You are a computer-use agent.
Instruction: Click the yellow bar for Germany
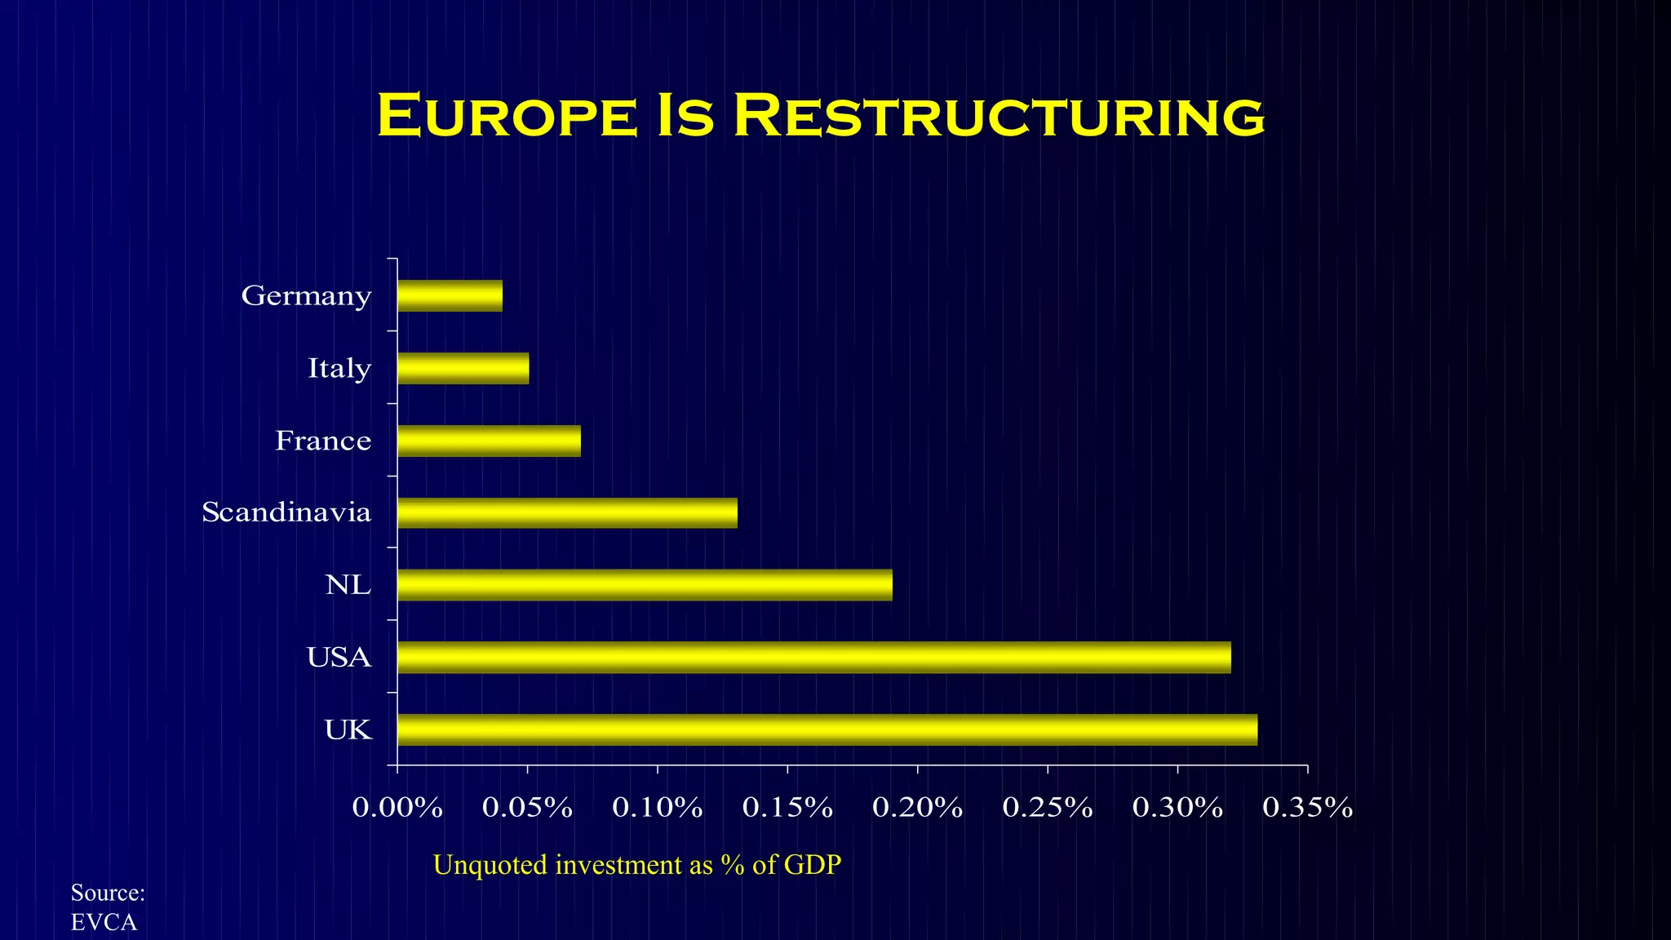450,296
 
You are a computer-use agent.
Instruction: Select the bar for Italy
463,369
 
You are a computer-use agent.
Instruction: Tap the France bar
489,441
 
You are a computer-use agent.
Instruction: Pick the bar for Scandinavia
567,513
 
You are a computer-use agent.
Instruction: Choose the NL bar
645,585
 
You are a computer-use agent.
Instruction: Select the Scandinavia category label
286,512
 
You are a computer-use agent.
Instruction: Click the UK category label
348,729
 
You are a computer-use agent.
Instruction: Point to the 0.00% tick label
397,808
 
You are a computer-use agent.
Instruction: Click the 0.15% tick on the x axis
787,808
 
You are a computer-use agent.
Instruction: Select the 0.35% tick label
1307,808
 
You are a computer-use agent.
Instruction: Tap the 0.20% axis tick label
917,808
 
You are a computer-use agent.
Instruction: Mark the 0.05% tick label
527,808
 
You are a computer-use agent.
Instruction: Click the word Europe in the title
506,116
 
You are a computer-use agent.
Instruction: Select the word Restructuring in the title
999,116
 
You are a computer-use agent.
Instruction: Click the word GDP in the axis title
812,865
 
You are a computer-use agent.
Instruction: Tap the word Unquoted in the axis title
490,865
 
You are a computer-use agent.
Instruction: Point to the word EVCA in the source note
104,923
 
